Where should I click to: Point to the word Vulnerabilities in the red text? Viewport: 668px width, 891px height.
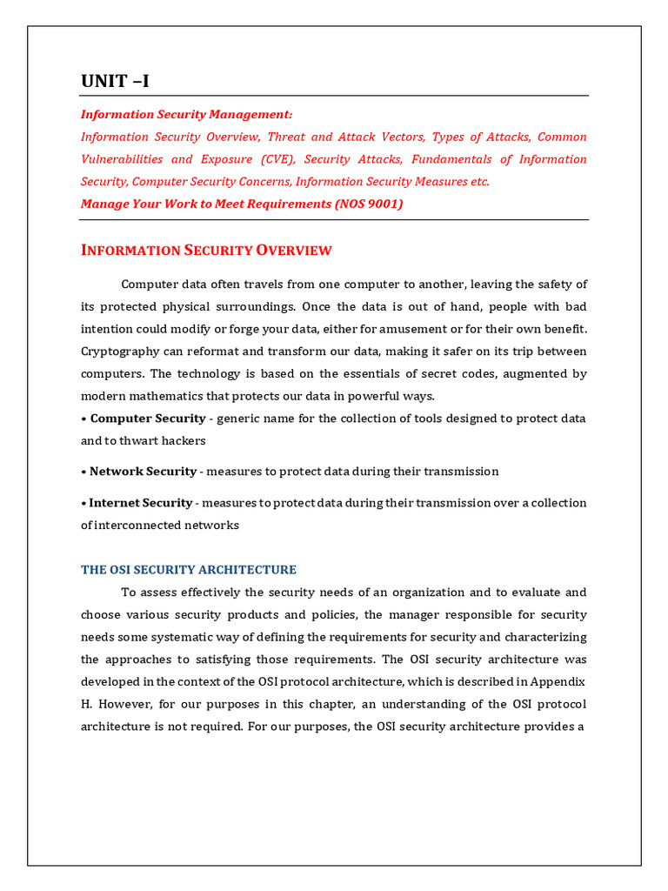click(122, 159)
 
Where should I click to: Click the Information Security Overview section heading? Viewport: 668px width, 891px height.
click(206, 251)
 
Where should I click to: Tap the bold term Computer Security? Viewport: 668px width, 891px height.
click(148, 419)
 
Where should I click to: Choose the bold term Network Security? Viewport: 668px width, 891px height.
click(143, 472)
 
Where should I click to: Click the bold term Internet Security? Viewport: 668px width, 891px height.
click(141, 503)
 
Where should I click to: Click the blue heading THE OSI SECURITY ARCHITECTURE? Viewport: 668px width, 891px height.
click(189, 570)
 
